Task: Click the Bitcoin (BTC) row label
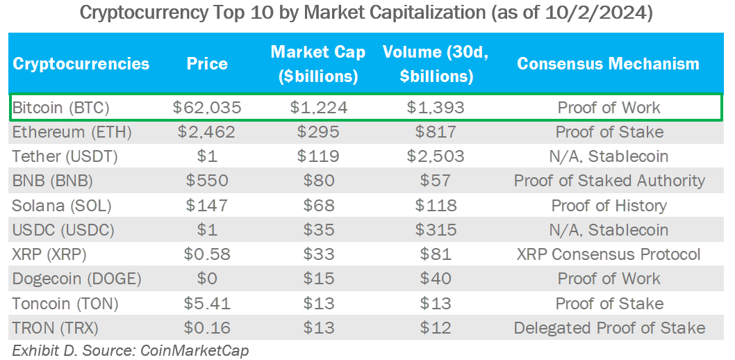point(61,108)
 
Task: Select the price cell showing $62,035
point(207,108)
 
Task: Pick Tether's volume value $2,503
point(436,156)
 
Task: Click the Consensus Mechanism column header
point(609,65)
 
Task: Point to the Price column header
point(207,65)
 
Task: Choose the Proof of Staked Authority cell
point(609,181)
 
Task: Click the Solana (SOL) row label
point(62,206)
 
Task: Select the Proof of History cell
point(609,206)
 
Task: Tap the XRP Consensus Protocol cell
point(609,254)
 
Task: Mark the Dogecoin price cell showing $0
point(207,279)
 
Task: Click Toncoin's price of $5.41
point(207,304)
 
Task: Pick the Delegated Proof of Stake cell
point(609,328)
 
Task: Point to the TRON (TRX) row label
point(56,328)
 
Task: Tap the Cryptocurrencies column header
point(81,65)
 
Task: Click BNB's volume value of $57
point(436,181)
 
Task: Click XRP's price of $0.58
point(207,254)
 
